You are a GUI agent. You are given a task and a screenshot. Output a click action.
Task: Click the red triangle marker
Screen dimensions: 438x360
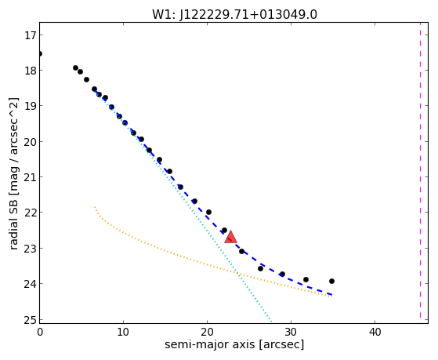[x=230, y=237]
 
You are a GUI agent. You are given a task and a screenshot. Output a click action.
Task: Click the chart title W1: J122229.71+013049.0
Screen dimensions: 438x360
[x=234, y=15]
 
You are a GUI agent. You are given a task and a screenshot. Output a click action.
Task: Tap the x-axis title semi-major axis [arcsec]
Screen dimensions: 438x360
[x=234, y=344]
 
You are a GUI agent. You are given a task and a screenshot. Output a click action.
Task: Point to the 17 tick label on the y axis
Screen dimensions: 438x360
[x=30, y=35]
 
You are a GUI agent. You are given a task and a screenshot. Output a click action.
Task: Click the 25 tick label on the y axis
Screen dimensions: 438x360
[x=30, y=320]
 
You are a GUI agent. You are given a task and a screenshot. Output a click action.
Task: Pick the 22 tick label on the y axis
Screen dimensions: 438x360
[x=30, y=213]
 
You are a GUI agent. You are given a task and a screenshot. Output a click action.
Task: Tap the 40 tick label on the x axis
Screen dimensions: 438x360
[x=375, y=332]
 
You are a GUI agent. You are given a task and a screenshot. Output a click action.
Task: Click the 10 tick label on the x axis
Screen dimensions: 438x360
[x=123, y=332]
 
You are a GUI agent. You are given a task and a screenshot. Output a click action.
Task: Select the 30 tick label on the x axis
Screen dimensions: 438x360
[x=291, y=332]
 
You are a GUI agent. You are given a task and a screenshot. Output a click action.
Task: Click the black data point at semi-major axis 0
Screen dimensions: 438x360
[x=40, y=53]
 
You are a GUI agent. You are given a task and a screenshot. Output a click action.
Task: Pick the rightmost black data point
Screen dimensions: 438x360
[x=331, y=281]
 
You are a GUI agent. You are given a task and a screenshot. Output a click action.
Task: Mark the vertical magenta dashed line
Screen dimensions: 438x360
[x=420, y=170]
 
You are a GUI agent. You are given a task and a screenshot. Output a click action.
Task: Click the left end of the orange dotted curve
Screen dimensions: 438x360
[x=95, y=207]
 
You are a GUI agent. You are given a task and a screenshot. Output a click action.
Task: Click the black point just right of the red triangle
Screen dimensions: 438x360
[x=241, y=251]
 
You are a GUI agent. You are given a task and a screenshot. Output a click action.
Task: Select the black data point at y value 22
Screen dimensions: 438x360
[x=208, y=212]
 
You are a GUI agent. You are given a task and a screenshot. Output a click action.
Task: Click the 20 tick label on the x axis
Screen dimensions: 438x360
[x=207, y=332]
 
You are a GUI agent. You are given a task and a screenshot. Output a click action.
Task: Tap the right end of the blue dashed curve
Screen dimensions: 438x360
[x=332, y=295]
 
